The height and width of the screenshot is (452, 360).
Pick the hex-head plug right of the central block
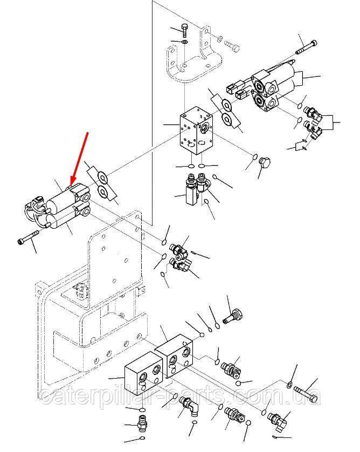click(x=265, y=163)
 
